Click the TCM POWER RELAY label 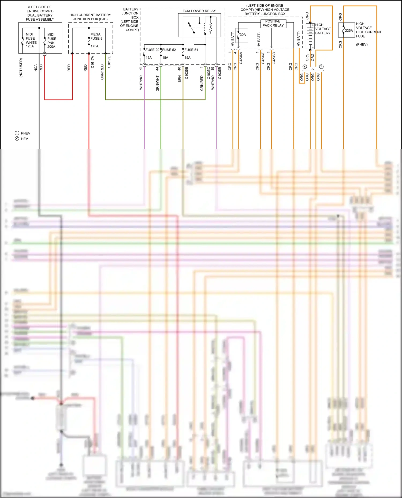click(x=199, y=11)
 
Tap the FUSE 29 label click(x=152, y=50)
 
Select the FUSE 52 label click(x=169, y=50)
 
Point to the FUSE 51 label click(x=191, y=50)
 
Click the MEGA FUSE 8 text click(x=96, y=36)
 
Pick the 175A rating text click(x=94, y=46)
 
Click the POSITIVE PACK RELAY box click(x=273, y=24)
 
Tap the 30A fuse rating click(x=243, y=35)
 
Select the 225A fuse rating click(x=349, y=31)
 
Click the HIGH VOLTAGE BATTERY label click(x=323, y=29)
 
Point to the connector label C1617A click(x=92, y=62)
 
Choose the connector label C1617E click(x=109, y=62)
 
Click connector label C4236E click(x=263, y=58)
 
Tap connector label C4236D click(x=274, y=58)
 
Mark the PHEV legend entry click(x=25, y=133)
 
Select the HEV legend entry click(x=24, y=139)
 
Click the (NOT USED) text click(x=21, y=68)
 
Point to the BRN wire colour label click(x=180, y=79)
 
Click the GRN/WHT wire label click(x=157, y=83)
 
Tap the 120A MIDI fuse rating click(x=30, y=46)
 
